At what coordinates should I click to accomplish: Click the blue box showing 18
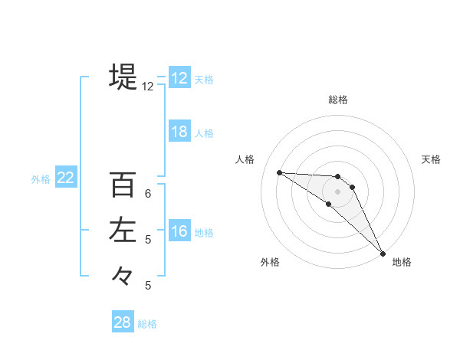(179, 132)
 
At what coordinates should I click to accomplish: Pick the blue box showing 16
(179, 231)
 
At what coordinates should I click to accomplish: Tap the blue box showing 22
(66, 178)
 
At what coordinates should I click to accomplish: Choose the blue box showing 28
(123, 322)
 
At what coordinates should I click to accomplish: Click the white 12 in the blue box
(179, 78)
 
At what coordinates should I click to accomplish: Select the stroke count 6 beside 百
(148, 194)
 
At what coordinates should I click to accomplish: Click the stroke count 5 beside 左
(148, 240)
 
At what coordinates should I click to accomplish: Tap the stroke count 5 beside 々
(148, 286)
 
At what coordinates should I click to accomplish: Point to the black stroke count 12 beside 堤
(147, 87)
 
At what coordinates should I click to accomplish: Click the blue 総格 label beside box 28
(147, 324)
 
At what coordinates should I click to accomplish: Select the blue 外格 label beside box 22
(41, 179)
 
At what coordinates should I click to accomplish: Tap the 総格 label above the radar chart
(338, 100)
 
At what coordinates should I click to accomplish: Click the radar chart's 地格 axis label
(402, 263)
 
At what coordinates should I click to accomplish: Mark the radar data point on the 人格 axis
(279, 172)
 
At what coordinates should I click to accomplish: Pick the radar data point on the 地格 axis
(382, 253)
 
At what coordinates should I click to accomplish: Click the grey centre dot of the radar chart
(338, 191)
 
